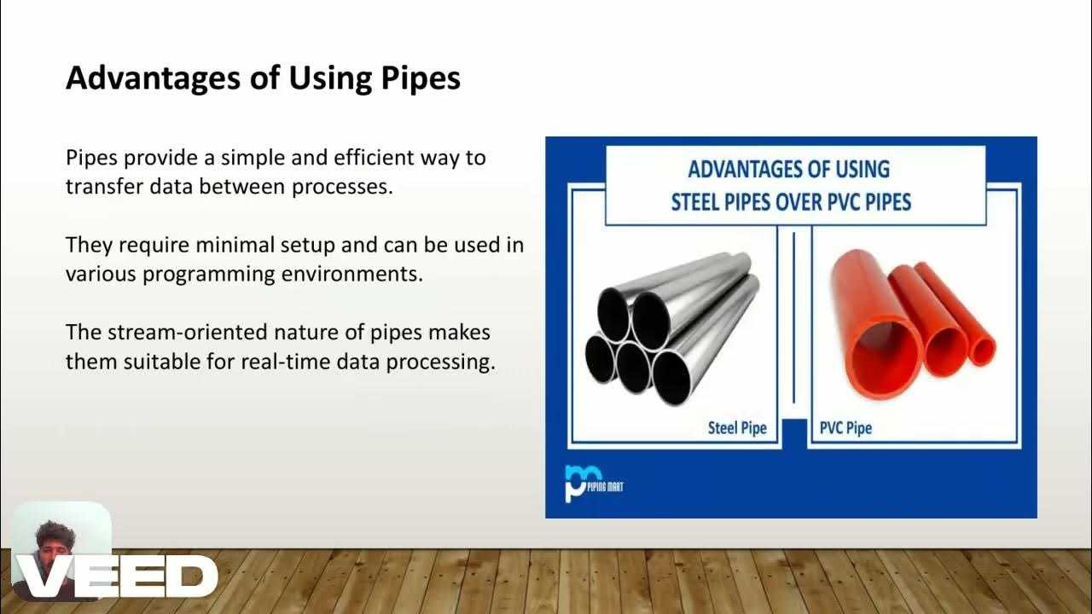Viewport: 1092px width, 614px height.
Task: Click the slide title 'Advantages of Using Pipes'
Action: point(263,78)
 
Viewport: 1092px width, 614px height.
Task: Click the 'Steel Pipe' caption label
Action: point(737,427)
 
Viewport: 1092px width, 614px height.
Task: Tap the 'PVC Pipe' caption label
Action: point(845,427)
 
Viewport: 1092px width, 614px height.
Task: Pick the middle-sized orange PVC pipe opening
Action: point(944,351)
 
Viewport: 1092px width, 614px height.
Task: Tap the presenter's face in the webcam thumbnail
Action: point(55,546)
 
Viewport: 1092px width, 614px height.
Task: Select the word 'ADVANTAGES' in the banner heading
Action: point(745,169)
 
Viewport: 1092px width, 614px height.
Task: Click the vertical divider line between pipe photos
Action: point(793,316)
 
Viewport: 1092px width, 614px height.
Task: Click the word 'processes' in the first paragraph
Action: point(342,187)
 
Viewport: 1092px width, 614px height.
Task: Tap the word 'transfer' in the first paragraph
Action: point(98,187)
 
